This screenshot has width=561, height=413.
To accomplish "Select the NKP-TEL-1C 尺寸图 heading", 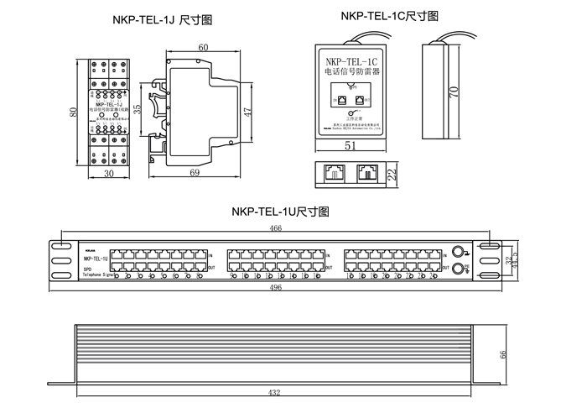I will coord(389,17).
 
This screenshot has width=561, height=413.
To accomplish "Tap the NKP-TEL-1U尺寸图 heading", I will coord(280,212).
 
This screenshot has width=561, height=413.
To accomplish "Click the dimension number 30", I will coord(109,174).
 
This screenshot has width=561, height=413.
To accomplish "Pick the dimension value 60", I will coord(204,48).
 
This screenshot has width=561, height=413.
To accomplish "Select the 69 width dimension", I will coord(194,173).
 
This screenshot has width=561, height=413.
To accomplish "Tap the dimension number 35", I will coord(159,110).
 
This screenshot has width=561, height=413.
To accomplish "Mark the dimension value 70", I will coord(455,91).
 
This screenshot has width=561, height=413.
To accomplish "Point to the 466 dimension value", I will coord(274,228).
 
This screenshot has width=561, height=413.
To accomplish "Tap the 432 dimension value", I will coord(274,392).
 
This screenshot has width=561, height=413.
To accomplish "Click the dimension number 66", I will coord(504,354).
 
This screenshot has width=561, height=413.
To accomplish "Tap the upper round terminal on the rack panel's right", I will coord(457,251).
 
